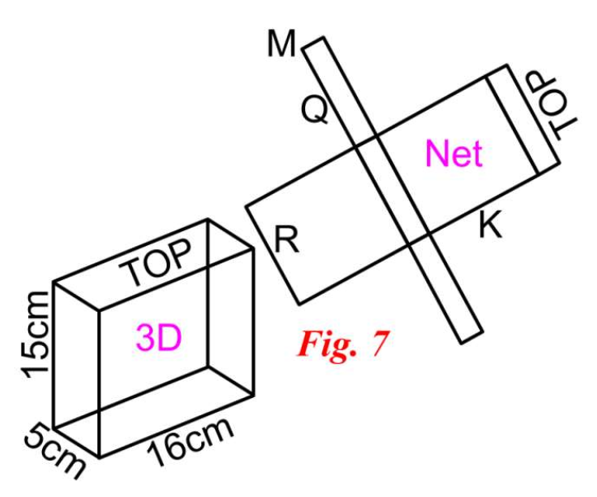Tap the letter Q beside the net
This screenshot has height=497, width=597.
pyautogui.click(x=316, y=109)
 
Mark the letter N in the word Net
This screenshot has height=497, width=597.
pyautogui.click(x=435, y=154)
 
